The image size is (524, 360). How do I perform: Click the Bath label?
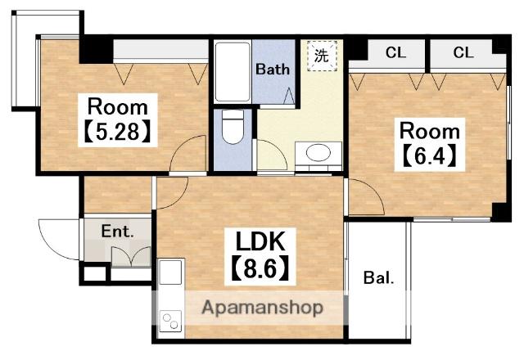click(273, 69)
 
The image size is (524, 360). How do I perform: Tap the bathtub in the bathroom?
click(233, 71)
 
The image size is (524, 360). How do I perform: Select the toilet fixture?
click(233, 127)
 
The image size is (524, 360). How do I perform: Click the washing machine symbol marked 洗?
click(322, 56)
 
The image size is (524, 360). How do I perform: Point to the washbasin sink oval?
click(318, 153)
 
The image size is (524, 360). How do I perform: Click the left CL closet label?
click(395, 52)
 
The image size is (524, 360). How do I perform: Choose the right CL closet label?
click(463, 52)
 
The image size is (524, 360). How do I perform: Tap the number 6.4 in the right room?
click(430, 156)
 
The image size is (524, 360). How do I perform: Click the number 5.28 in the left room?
click(117, 132)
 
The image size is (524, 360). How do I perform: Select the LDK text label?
click(260, 241)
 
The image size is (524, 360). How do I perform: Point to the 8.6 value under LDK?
click(260, 268)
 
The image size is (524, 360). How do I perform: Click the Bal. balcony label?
click(378, 278)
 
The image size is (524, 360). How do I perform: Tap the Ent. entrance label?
click(117, 231)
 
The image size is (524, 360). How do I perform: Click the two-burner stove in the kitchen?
click(170, 321)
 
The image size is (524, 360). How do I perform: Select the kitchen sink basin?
click(170, 272)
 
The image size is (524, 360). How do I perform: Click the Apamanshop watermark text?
click(262, 308)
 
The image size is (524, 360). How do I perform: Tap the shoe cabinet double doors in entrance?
click(131, 256)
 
